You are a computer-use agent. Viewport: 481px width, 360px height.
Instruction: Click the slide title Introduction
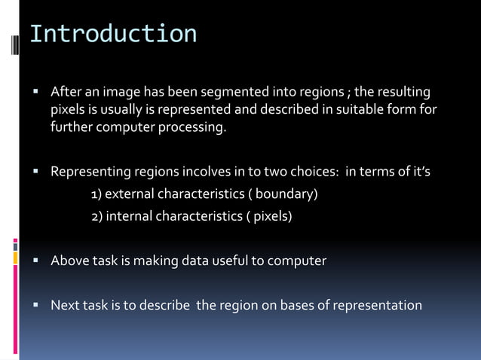(x=113, y=34)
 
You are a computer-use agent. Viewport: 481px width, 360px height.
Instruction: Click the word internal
(x=129, y=217)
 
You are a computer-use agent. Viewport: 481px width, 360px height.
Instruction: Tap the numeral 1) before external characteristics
(x=97, y=194)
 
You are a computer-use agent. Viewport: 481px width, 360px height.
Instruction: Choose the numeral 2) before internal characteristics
(x=97, y=217)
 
